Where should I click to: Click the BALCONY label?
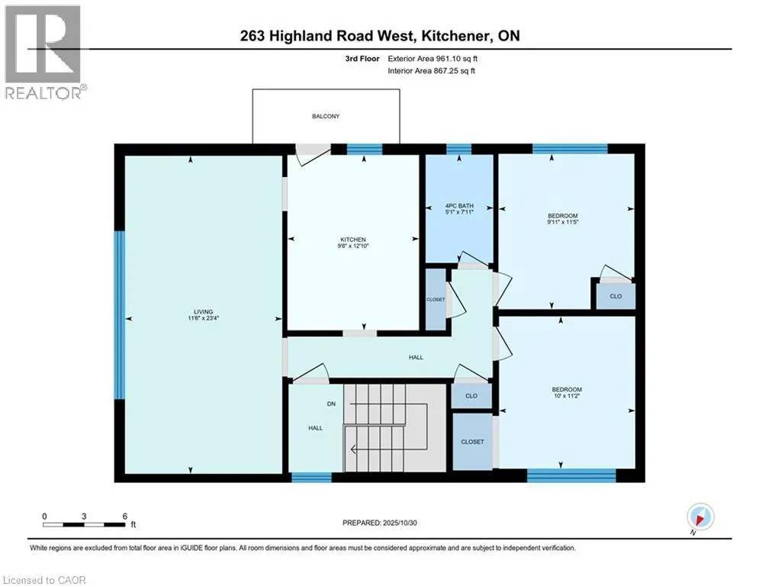point(326,117)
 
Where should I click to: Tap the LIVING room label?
point(203,311)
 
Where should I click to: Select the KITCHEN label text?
point(353,239)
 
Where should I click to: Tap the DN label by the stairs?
point(332,404)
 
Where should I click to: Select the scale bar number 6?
point(124,515)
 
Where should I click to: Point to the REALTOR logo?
point(43,51)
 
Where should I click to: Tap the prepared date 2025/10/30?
point(381,523)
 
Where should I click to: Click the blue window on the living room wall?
point(119,314)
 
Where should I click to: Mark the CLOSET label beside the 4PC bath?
point(436,299)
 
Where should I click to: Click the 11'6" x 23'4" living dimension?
point(203,319)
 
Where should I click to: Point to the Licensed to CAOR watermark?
point(45,580)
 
